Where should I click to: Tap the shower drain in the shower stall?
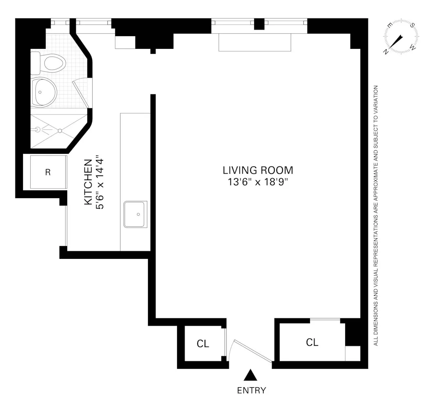pos(60,131)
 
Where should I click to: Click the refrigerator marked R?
pos(48,172)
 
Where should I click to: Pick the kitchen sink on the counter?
pos(136,214)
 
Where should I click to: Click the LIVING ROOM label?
pos(258,170)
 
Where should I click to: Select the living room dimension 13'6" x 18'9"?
pos(258,182)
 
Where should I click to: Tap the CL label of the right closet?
pos(312,342)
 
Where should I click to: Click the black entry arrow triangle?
pos(251,375)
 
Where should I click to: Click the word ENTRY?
pos(251,390)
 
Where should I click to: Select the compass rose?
pos(401,37)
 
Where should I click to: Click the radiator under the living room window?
pos(255,42)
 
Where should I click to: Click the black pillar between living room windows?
pos(259,24)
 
